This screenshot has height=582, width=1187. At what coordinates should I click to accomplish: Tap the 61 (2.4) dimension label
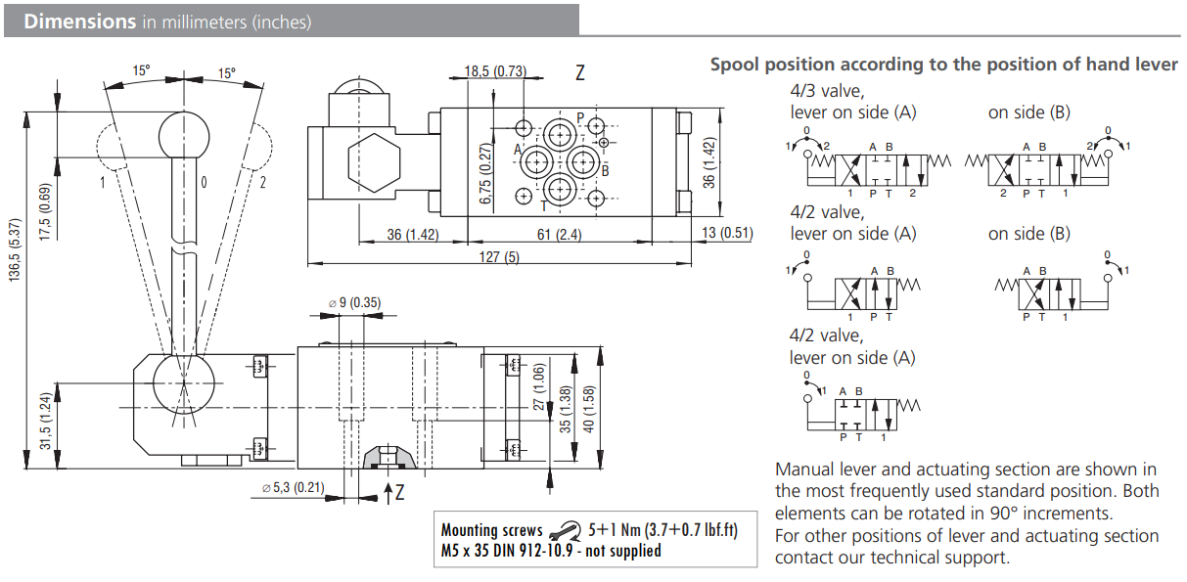[557, 233]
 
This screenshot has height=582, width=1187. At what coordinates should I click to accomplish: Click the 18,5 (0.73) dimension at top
[494, 70]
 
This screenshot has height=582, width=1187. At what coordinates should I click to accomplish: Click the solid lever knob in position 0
[184, 130]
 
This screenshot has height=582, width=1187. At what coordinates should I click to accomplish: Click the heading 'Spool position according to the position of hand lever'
[943, 65]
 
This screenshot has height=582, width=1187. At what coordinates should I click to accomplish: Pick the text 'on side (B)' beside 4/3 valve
[1028, 112]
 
